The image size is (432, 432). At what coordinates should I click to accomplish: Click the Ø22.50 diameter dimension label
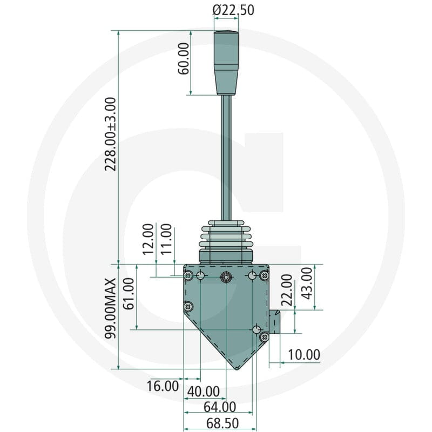click(233, 10)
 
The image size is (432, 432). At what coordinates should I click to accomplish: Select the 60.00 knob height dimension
click(184, 59)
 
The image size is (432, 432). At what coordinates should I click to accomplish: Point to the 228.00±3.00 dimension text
click(111, 134)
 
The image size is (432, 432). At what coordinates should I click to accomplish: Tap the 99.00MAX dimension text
click(111, 308)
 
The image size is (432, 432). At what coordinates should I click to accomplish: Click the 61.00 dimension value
click(129, 293)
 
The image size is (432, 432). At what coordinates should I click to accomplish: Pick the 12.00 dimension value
click(148, 239)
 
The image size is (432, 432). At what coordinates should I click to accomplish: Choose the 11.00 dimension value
click(166, 239)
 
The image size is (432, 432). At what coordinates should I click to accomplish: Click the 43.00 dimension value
click(307, 283)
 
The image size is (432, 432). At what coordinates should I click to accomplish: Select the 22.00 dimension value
click(287, 290)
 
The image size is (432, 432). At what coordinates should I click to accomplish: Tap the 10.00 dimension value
click(304, 355)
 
